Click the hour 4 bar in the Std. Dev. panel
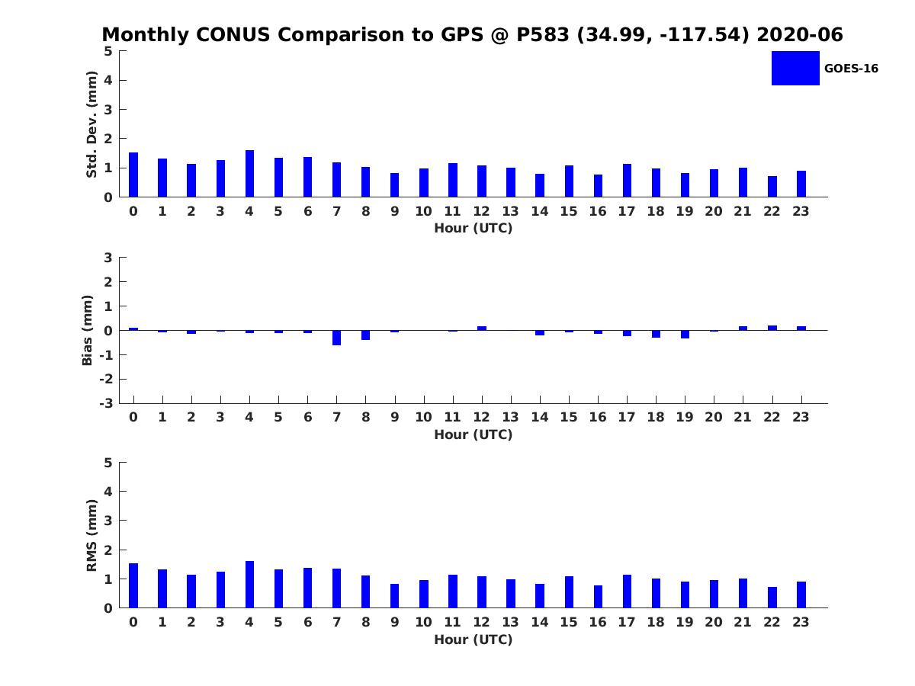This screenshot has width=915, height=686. coord(249,173)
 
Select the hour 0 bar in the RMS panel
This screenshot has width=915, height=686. coord(133,585)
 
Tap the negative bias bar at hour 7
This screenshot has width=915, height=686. coord(336,338)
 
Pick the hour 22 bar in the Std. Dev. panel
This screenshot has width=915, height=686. coord(772,186)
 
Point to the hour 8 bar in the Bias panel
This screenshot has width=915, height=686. coord(365,335)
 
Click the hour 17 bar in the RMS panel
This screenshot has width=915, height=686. coord(627,591)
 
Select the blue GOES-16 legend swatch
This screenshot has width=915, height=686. coord(795,69)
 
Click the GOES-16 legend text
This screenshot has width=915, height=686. coord(851,69)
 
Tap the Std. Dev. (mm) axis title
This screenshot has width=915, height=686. coord(91,124)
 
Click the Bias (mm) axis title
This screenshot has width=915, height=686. coord(87,330)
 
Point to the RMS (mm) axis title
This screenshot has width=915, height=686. coord(91,535)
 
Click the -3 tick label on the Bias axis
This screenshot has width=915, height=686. coord(106,403)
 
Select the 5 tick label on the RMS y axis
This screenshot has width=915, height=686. coord(108,463)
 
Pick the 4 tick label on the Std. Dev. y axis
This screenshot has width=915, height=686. coord(108,80)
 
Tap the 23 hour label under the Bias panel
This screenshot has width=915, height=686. coord(801,417)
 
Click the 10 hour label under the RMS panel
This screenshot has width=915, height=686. coord(423,622)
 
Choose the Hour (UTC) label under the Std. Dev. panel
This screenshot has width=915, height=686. coord(474,228)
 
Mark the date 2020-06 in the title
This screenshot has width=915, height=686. coord(800,34)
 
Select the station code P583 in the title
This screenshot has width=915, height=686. coord(543,34)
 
